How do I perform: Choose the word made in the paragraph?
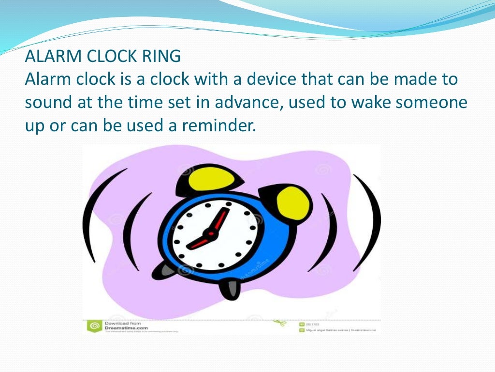[x=409, y=79]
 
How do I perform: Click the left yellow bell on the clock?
[x=209, y=179]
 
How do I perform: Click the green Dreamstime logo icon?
[x=94, y=325]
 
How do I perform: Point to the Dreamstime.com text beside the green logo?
[x=123, y=328]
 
